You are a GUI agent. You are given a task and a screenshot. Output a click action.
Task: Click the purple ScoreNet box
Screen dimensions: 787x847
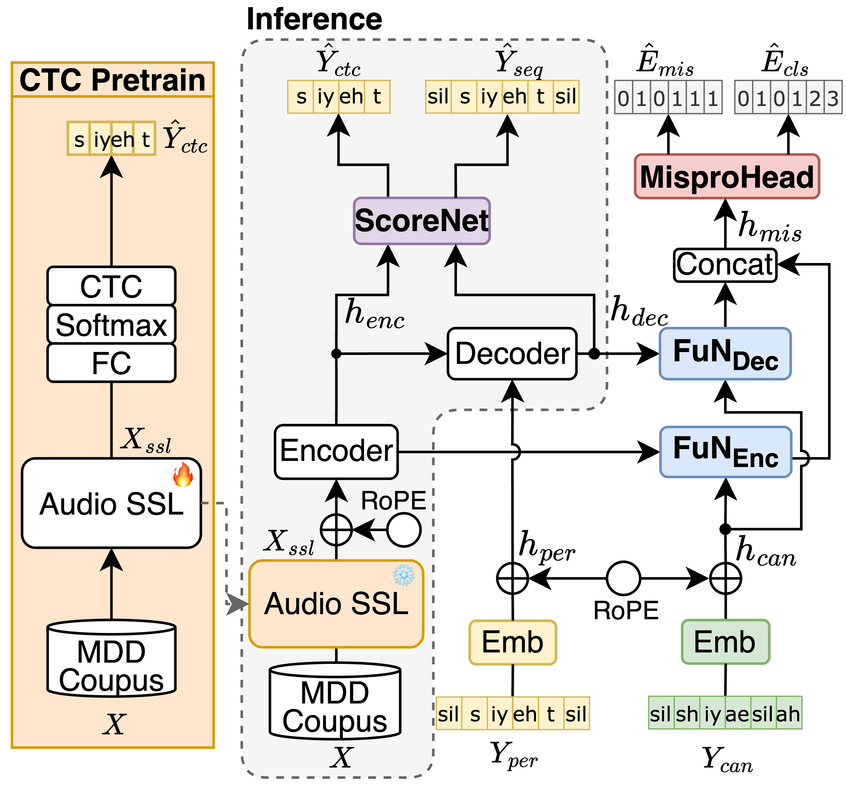[x=422, y=221]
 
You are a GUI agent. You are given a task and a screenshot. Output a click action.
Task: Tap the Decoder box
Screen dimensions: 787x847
[x=512, y=353]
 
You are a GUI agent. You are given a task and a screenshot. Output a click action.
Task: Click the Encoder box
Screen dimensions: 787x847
[x=336, y=451]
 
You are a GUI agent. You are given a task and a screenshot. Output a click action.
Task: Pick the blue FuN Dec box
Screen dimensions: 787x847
[x=725, y=353]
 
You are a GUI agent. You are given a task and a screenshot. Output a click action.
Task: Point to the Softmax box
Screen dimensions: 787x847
[x=111, y=325]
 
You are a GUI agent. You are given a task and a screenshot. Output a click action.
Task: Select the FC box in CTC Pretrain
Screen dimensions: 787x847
[x=111, y=363]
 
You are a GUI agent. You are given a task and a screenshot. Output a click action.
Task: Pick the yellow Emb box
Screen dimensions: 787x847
[x=513, y=642]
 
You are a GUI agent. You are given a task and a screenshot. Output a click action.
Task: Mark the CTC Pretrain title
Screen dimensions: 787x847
[x=112, y=80]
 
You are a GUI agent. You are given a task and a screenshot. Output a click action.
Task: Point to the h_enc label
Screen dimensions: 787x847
[x=374, y=314]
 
